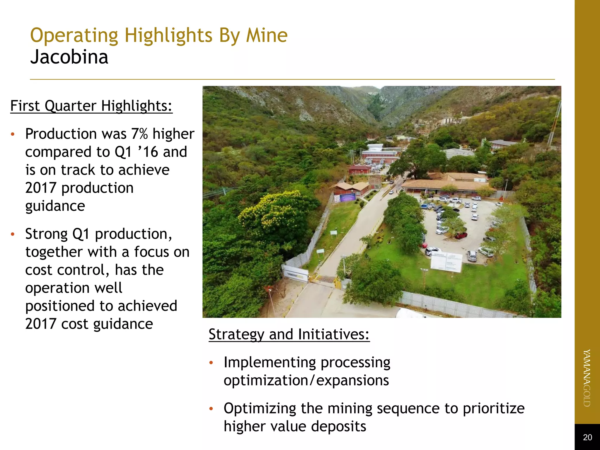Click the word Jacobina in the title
[x=69, y=57]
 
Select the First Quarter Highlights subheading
[x=91, y=106]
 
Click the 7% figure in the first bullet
[x=139, y=134]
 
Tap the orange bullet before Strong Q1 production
[x=12, y=234]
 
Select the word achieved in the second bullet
[x=147, y=306]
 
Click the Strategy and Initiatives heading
[x=289, y=334]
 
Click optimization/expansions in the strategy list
[x=306, y=381]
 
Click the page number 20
[x=587, y=437]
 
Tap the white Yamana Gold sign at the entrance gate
[x=295, y=274]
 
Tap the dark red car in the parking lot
[x=461, y=235]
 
